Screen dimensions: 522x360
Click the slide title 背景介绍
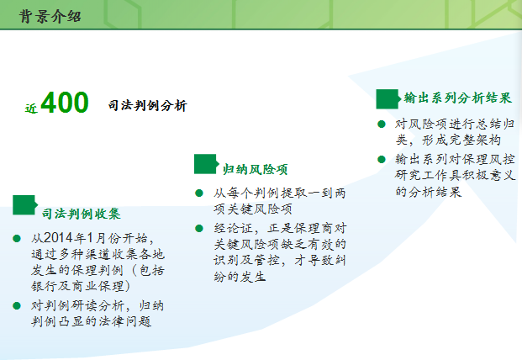pos(50,16)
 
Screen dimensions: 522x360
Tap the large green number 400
pos(65,103)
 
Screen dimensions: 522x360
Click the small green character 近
pos(31,109)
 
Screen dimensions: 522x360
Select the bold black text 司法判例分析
pos(147,106)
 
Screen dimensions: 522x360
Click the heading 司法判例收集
pos(82,214)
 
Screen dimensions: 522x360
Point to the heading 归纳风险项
pos(255,169)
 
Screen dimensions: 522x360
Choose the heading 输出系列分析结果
pos(458,98)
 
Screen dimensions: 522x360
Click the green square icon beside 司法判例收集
pos(24,204)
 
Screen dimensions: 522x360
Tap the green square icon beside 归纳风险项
pos(206,164)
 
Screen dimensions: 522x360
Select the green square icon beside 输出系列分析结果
pos(388,99)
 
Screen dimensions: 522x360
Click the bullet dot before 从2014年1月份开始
pos(17,238)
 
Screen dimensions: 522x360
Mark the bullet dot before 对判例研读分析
pos(17,305)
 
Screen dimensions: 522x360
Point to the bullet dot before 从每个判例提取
pos(199,193)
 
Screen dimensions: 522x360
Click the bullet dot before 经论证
pos(199,229)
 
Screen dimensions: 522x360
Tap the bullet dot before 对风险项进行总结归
pos(382,124)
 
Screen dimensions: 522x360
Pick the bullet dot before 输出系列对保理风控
pos(382,159)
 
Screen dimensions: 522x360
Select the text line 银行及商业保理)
pos(81,286)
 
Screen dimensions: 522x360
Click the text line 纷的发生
pos(240,277)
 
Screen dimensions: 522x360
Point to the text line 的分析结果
pos(429,192)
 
